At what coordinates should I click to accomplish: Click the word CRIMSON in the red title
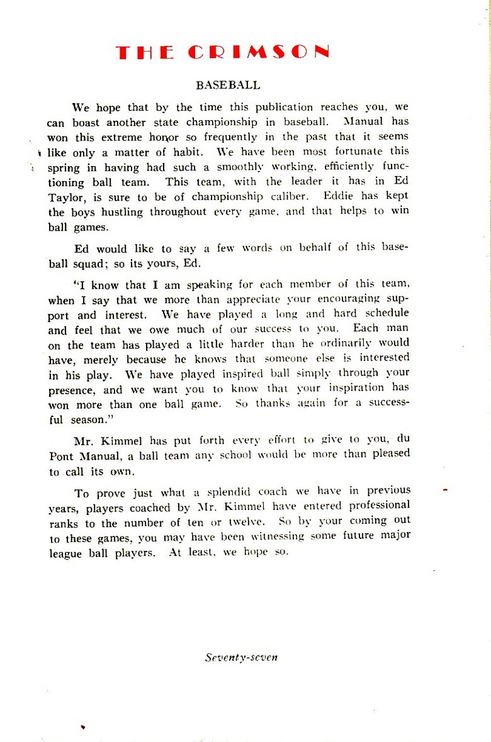pos(258,52)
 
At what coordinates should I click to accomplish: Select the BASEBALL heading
pos(228,85)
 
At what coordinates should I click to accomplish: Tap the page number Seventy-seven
pos(241,658)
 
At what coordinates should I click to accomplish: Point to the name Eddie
pos(349,196)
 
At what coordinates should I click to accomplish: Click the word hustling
pos(122,212)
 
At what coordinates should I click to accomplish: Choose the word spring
pos(64,167)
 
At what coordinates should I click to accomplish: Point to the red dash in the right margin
pos(444,489)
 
